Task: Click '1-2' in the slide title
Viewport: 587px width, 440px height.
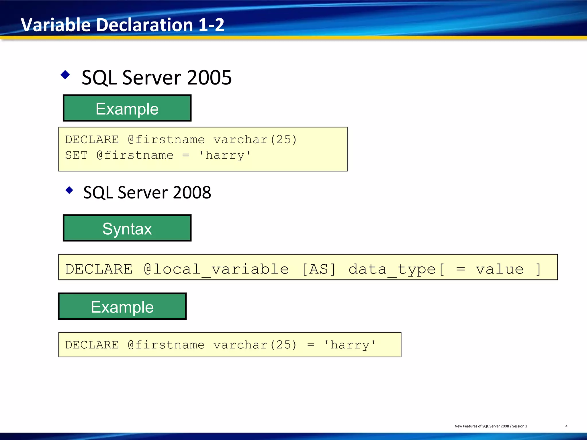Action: click(211, 25)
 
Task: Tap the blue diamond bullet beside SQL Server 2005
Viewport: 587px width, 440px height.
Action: click(65, 75)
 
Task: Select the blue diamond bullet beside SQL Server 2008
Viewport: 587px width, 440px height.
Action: click(69, 190)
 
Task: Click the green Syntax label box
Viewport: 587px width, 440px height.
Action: click(127, 228)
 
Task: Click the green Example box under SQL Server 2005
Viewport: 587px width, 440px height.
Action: click(127, 108)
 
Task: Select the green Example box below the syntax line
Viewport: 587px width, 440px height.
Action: click(122, 306)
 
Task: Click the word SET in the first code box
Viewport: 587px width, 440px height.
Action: click(76, 155)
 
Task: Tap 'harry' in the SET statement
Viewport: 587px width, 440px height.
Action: click(225, 155)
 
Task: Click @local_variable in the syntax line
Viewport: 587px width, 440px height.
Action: click(216, 269)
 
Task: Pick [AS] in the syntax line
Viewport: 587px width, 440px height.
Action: click(319, 269)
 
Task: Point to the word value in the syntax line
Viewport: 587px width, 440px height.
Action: click(499, 269)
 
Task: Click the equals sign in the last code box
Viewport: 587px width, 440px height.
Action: click(311, 345)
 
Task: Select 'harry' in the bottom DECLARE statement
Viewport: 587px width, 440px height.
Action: click(350, 345)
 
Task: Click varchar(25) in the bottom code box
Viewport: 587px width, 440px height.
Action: click(255, 345)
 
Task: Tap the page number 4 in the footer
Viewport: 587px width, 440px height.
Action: click(566, 426)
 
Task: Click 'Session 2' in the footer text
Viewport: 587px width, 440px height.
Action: click(519, 426)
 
